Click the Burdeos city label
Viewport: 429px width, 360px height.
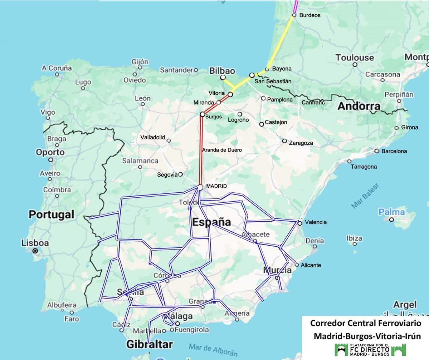click(309, 15)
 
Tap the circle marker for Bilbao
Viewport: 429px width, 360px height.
click(223, 77)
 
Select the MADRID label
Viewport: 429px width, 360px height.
click(217, 186)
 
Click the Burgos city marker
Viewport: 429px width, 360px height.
click(202, 114)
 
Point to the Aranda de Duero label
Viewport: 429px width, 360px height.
click(222, 150)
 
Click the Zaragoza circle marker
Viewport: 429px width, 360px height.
click(284, 141)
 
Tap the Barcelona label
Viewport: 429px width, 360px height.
click(394, 151)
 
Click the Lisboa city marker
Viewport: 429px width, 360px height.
click(35, 251)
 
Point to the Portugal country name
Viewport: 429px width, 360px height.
click(52, 214)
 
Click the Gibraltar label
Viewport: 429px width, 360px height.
click(149, 344)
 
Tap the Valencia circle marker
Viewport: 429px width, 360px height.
click(299, 223)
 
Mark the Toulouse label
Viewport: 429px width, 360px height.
click(355, 58)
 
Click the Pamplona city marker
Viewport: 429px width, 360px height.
click(263, 98)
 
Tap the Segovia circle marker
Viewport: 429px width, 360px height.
click(180, 174)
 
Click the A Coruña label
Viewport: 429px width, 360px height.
click(57, 68)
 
